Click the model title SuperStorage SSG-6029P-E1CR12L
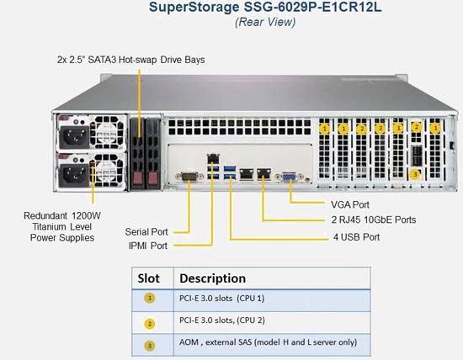(x=265, y=7)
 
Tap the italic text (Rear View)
(x=265, y=22)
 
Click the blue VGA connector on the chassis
(x=290, y=177)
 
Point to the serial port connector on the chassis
(x=189, y=177)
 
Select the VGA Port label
(x=350, y=204)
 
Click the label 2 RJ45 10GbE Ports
(x=374, y=220)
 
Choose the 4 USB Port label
(x=356, y=237)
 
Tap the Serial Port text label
(x=146, y=232)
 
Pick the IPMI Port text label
(x=148, y=246)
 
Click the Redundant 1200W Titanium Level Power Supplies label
(x=62, y=226)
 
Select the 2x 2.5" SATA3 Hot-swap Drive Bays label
(x=130, y=60)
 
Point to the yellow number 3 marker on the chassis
(x=415, y=174)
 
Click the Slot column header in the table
(x=148, y=278)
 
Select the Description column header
(x=213, y=278)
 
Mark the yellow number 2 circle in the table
(x=150, y=324)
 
